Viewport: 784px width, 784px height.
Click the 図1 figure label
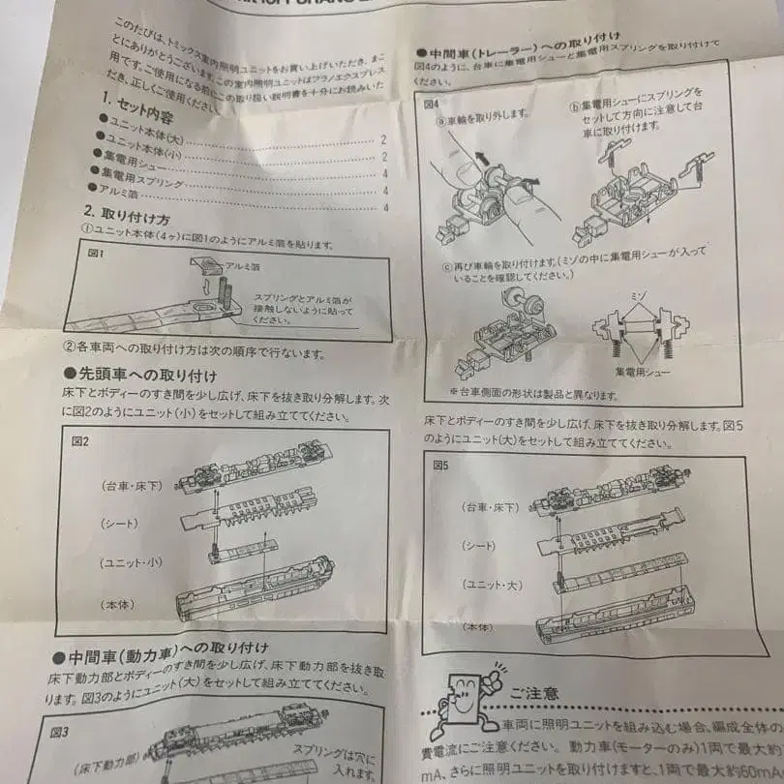pos(95,253)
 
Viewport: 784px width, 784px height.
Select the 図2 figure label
pos(80,441)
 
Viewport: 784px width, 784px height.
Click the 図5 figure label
pos(440,466)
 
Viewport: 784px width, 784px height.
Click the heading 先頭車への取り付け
pos(139,374)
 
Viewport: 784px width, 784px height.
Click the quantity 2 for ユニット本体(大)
pos(384,140)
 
